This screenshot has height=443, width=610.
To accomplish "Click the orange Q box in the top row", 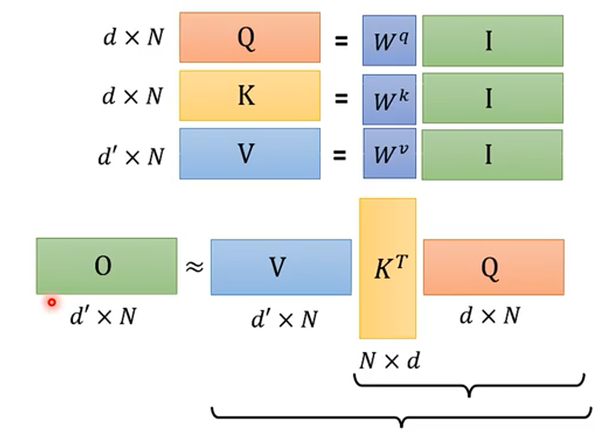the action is (x=250, y=37).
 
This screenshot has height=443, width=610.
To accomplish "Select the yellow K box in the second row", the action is (x=250, y=96).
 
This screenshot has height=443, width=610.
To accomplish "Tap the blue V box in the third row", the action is (x=250, y=154).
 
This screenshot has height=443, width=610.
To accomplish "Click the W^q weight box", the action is (x=389, y=40).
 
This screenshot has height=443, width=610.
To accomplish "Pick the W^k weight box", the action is (x=389, y=99).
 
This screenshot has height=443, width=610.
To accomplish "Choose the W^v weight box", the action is (x=389, y=154).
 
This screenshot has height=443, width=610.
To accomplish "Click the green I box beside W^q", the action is (x=492, y=40).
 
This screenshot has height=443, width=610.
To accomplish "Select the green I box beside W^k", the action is (x=492, y=98).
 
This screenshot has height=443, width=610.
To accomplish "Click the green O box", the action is (x=106, y=266).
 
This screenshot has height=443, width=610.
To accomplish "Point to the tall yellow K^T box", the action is (x=388, y=268).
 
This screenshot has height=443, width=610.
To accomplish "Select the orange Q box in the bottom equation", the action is (x=493, y=267).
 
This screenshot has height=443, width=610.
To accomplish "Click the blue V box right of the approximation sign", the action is (x=281, y=267).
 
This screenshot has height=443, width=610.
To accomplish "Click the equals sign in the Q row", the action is (x=341, y=40).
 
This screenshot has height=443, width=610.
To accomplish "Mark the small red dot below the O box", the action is (x=52, y=302).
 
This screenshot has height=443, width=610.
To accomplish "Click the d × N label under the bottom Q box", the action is (x=490, y=315).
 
